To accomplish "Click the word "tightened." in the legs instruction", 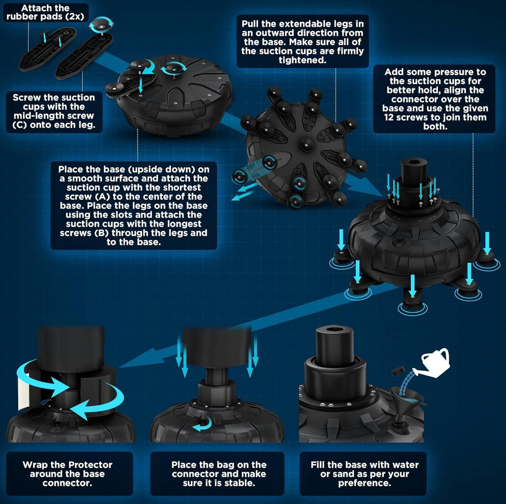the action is point(302,60).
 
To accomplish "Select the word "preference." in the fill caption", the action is point(365,483).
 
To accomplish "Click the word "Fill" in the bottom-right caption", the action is point(318,465).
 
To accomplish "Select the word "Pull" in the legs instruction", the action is point(251,24).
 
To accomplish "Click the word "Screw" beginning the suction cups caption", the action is point(26,97).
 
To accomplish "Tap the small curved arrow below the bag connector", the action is point(203,423).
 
